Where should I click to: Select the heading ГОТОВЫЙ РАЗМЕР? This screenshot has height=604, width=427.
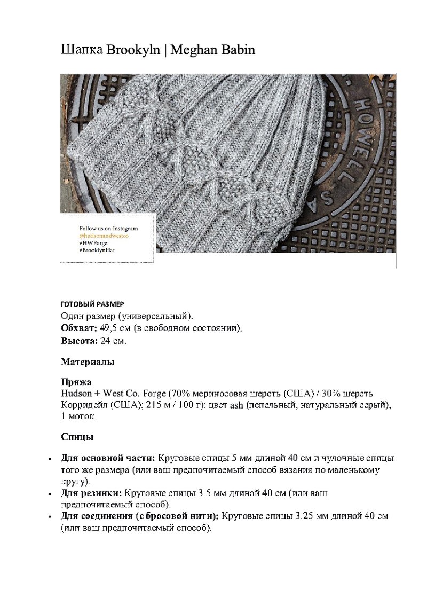(x=92, y=304)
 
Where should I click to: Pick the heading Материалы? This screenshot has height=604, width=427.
(x=88, y=362)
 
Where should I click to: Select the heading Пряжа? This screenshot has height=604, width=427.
(x=76, y=382)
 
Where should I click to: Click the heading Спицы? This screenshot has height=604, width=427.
(x=77, y=437)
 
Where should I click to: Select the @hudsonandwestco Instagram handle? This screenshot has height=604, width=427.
(x=104, y=236)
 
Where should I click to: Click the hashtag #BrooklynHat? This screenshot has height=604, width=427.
(x=97, y=250)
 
